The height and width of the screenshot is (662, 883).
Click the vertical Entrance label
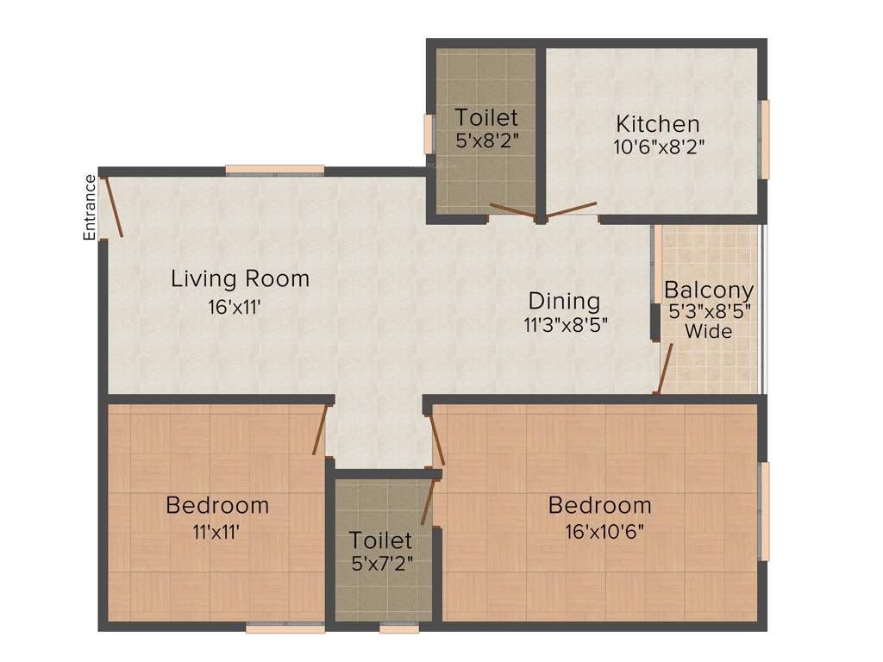tap(89, 207)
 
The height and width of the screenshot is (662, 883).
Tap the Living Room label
tap(240, 279)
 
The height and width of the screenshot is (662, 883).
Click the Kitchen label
tap(657, 124)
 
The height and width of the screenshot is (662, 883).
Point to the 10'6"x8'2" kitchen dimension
tap(659, 147)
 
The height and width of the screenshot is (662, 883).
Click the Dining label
tap(564, 302)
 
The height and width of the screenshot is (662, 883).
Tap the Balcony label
tap(709, 290)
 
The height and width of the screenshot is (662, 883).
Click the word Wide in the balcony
tap(708, 332)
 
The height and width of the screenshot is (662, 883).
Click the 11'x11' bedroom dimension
tap(217, 532)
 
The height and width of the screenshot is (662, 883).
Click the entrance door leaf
tap(113, 207)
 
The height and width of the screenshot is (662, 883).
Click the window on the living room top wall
tap(275, 171)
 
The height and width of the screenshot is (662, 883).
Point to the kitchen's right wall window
tap(763, 140)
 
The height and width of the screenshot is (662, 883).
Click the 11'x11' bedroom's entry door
tap(320, 428)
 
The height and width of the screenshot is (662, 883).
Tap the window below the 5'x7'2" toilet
tap(394, 628)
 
